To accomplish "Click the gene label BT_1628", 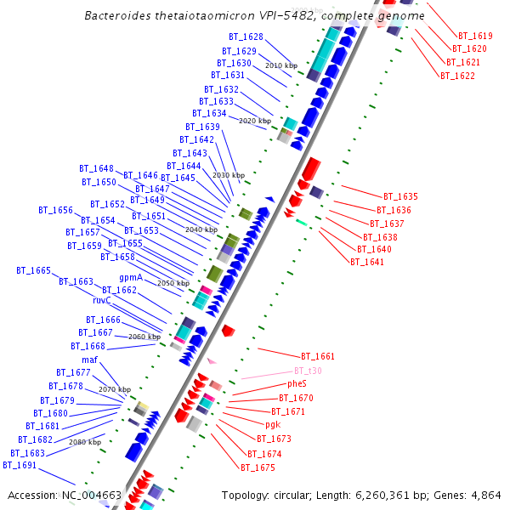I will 246,37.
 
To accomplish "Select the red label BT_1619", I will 475,37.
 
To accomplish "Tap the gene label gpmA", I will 131,277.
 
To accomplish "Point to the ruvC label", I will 102,300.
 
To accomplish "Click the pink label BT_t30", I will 308,371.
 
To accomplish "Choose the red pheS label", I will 297,384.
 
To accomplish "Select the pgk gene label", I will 272,424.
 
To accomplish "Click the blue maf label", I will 90,360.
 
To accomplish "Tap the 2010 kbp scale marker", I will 281,65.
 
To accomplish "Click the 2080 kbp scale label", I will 85,442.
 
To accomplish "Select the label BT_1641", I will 367,262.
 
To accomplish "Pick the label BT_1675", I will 258,467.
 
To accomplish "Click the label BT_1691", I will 20,465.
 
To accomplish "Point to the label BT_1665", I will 33,270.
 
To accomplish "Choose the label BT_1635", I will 400,196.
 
